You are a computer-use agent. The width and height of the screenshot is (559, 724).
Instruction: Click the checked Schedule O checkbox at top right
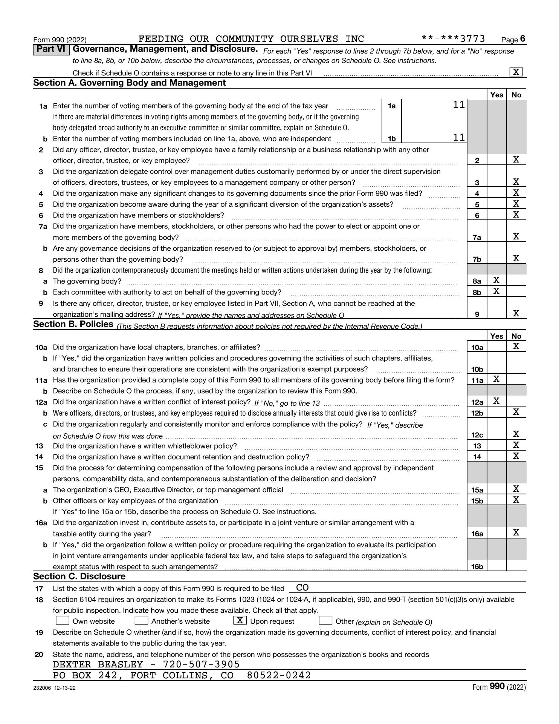pyautogui.click(x=516, y=72)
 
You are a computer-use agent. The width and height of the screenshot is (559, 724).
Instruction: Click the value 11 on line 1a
pyautogui.click(x=459, y=105)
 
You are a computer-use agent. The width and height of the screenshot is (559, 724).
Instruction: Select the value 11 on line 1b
pyautogui.click(x=459, y=138)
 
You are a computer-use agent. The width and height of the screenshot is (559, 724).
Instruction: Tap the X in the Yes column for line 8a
pyautogui.click(x=496, y=280)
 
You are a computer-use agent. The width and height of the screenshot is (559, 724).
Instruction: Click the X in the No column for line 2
pyautogui.click(x=516, y=160)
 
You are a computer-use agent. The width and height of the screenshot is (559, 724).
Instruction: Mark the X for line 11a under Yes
pyautogui.click(x=496, y=379)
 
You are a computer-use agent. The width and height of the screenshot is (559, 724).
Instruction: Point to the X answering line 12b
pyautogui.click(x=516, y=412)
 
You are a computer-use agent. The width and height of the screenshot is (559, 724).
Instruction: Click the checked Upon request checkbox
pyautogui.click(x=240, y=620)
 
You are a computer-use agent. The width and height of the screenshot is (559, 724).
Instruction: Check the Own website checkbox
pyautogui.click(x=63, y=620)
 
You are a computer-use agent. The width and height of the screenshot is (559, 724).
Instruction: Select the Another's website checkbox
pyautogui.click(x=141, y=620)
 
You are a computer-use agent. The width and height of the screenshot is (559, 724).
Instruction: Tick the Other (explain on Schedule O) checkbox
pyautogui.click(x=325, y=620)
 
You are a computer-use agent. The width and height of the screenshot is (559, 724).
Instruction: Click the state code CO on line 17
pyautogui.click(x=302, y=587)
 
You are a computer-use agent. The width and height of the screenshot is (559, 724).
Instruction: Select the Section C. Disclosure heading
pyautogui.click(x=79, y=576)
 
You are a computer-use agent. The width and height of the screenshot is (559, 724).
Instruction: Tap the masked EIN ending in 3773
pyautogui.click(x=453, y=39)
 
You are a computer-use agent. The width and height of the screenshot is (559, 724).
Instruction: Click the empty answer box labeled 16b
pyautogui.click(x=496, y=566)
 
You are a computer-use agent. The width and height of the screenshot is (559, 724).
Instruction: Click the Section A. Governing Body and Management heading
pyautogui.click(x=130, y=83)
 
